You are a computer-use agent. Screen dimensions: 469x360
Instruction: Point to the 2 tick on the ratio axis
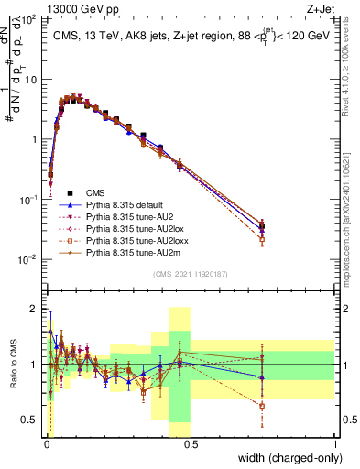[34, 309]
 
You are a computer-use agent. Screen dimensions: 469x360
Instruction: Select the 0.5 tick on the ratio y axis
[29, 420]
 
